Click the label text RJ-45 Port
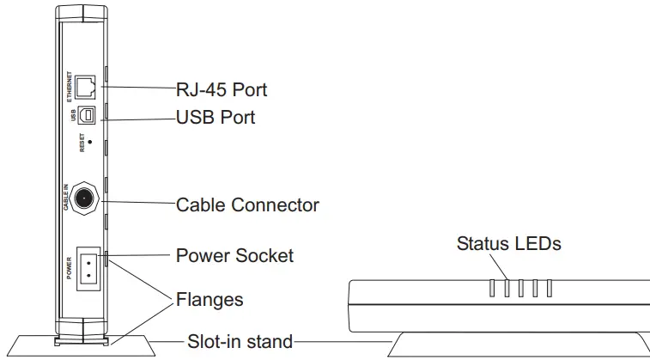221,88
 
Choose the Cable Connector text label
247,205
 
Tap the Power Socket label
234,255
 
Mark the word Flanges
210,300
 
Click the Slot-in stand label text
240,341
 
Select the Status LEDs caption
508,244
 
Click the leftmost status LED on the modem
493,288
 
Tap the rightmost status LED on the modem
550,288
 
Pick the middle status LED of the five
521,288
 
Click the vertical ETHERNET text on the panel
70,87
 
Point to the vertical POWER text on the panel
70,268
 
